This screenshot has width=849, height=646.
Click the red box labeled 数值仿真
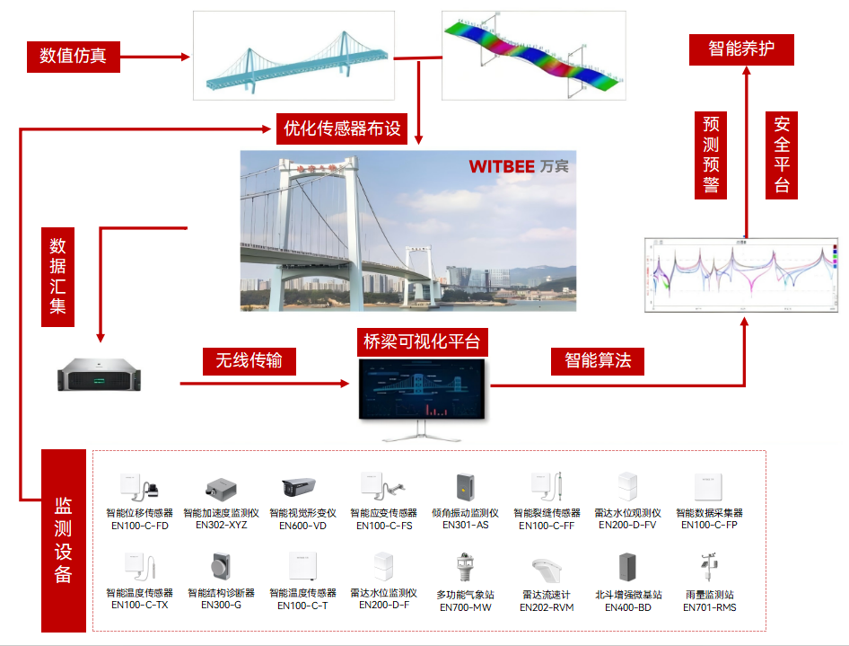pyautogui.click(x=73, y=57)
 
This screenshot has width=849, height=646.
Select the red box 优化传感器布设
pyautogui.click(x=342, y=129)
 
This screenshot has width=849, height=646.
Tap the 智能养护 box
pyautogui.click(x=741, y=49)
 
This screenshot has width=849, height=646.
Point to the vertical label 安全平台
pyautogui.click(x=783, y=155)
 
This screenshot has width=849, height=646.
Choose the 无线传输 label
pyautogui.click(x=249, y=361)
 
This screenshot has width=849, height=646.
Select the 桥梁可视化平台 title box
pyautogui.click(x=422, y=342)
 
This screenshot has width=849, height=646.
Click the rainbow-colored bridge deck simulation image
pyautogui.click(x=533, y=56)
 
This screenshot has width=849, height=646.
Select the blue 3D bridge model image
pyautogui.click(x=294, y=56)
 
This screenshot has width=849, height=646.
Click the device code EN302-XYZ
pyautogui.click(x=221, y=525)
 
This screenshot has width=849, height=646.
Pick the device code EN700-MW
pyautogui.click(x=465, y=607)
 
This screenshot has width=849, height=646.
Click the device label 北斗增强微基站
pyautogui.click(x=628, y=595)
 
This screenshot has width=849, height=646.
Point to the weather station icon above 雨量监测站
pyautogui.click(x=708, y=569)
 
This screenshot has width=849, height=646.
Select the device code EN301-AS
pyautogui.click(x=465, y=525)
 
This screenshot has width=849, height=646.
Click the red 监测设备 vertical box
pyautogui.click(x=64, y=540)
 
